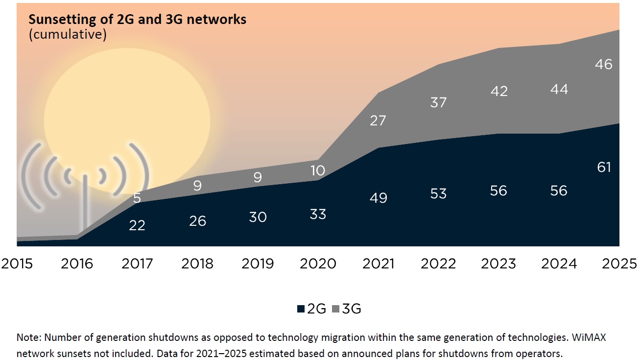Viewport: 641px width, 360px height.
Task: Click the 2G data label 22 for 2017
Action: (137, 225)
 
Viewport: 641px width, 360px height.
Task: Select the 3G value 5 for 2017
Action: (137, 198)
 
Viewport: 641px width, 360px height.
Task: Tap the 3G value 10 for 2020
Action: (318, 170)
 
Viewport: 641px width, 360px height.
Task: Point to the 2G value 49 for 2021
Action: (378, 198)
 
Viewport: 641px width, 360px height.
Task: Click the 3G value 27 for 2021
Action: (378, 120)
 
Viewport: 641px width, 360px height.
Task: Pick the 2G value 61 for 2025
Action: (604, 168)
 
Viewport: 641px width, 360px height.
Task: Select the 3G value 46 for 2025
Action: (604, 64)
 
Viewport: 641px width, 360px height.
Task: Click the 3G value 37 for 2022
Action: (438, 102)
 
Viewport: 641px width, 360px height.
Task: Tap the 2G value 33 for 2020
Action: (318, 214)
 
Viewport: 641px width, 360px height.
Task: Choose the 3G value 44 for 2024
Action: (559, 89)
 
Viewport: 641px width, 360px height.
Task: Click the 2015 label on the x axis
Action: (17, 264)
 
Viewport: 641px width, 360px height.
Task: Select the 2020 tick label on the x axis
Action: (318, 264)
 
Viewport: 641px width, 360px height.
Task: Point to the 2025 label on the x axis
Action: (619, 264)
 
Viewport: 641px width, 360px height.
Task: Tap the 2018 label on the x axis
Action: (197, 264)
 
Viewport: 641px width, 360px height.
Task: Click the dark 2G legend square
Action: (301, 309)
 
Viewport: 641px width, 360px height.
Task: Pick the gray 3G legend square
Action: (336, 309)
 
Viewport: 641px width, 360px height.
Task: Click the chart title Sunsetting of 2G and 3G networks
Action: (137, 20)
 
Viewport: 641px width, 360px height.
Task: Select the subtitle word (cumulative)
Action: (68, 35)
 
